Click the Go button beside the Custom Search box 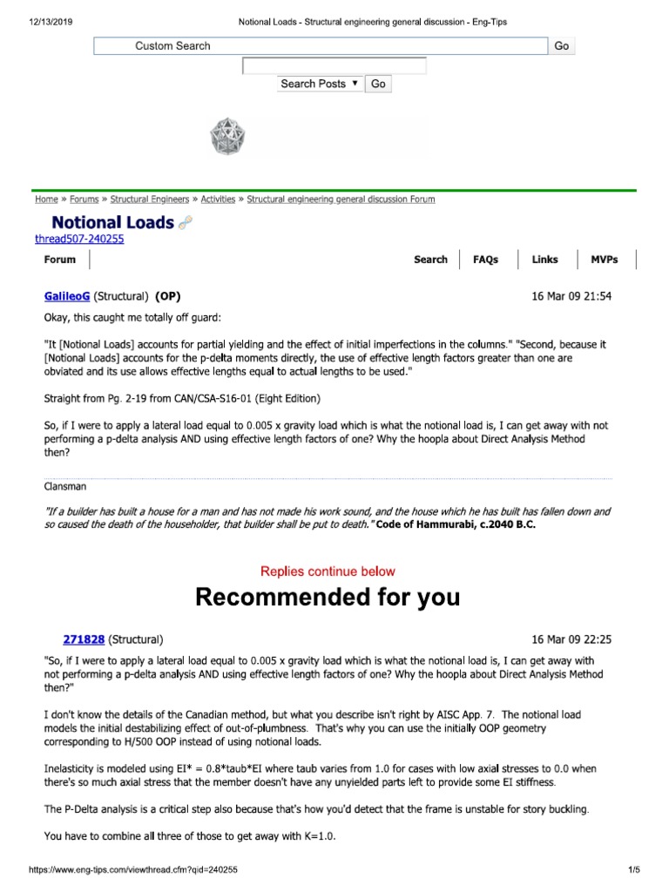click(562, 46)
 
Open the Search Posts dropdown click(320, 84)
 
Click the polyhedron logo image click(228, 137)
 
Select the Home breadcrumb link click(46, 199)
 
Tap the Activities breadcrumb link click(218, 199)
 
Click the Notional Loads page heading click(112, 222)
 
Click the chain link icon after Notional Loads click(185, 224)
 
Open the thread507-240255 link click(79, 240)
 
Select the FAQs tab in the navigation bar click(485, 260)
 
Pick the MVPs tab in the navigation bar click(604, 260)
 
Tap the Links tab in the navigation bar click(545, 260)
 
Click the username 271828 click(84, 639)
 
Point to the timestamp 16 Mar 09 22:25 click(571, 639)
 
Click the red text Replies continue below click(328, 571)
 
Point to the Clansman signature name click(68, 487)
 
